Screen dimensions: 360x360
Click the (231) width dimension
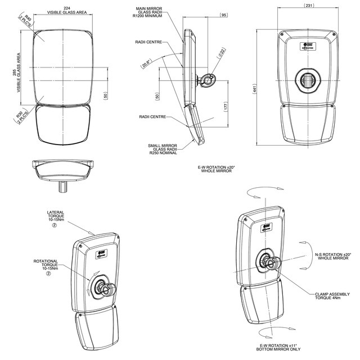point(309,6)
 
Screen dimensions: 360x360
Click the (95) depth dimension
point(224,15)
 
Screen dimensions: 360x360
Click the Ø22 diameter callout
point(222,53)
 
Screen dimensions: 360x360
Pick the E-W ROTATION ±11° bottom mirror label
point(280,348)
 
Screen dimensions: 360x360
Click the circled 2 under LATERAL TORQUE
point(55,226)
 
